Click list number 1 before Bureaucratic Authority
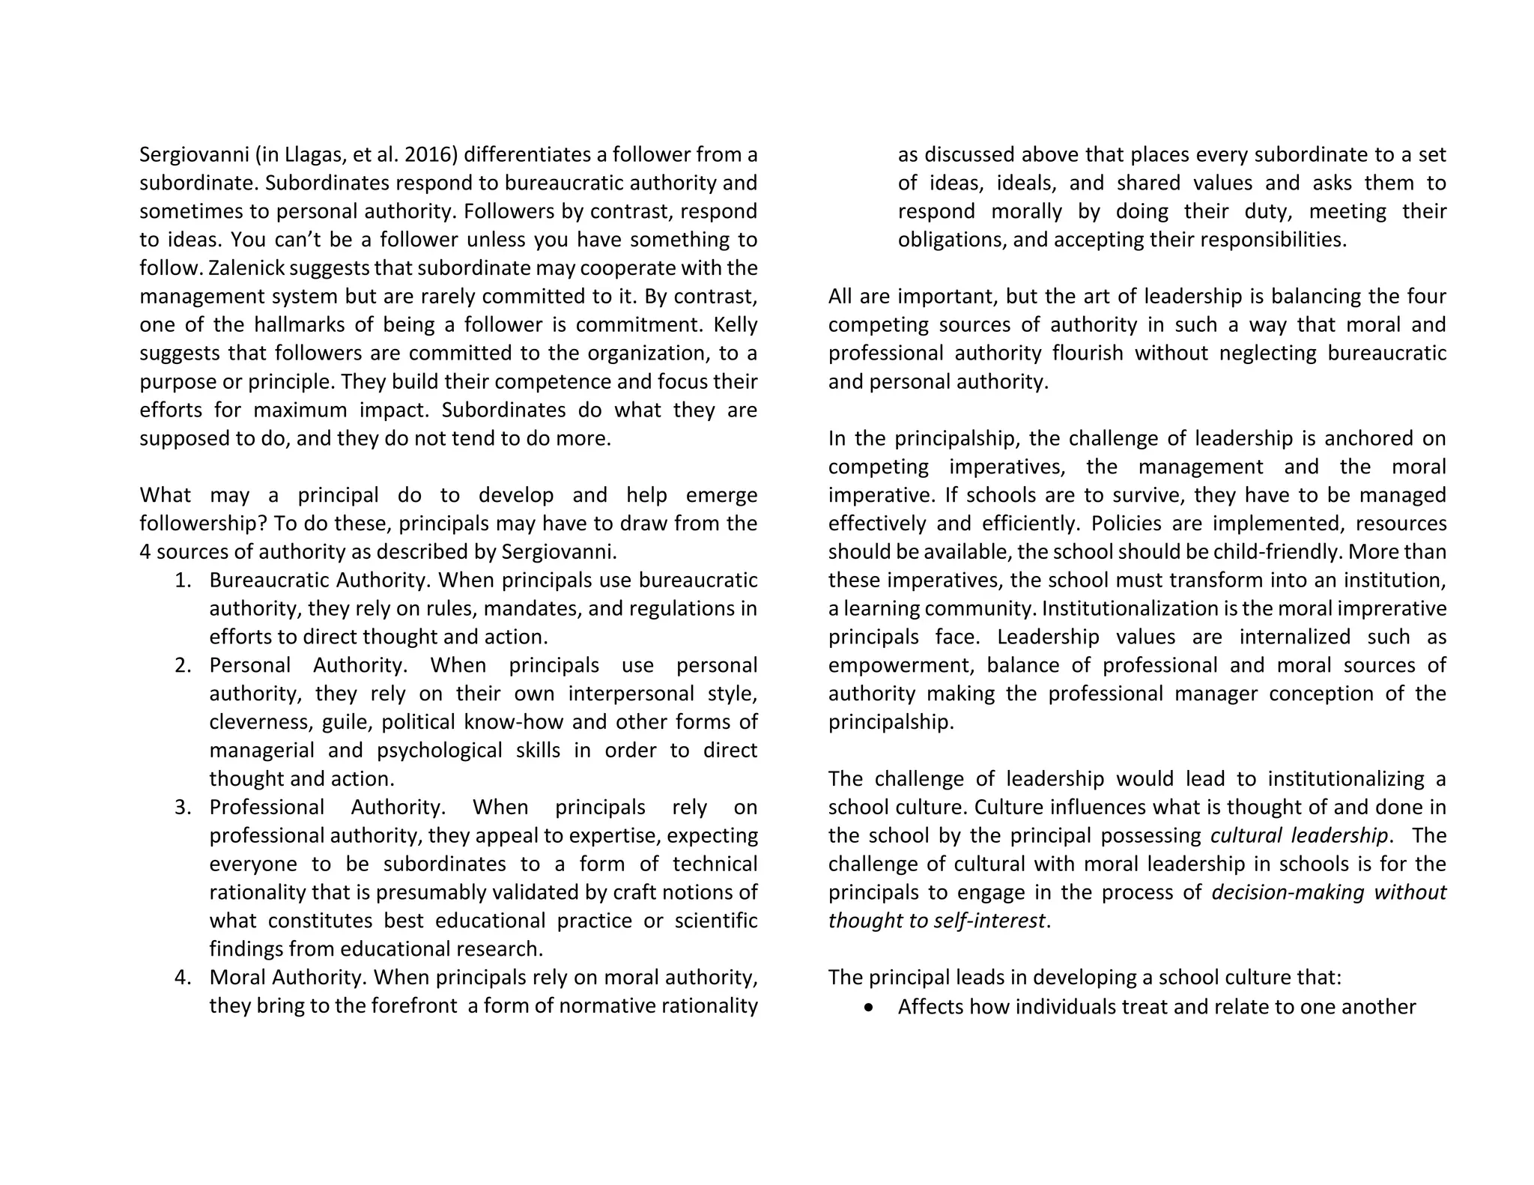point(183,581)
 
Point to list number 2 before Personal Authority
point(183,666)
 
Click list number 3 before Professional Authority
point(183,807)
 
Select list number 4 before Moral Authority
point(183,978)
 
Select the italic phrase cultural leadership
point(1299,836)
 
